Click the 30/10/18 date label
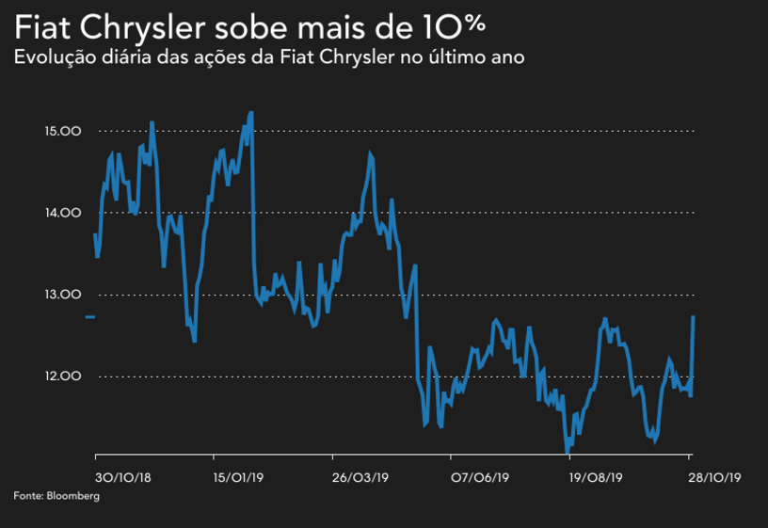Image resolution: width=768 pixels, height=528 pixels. tap(123, 478)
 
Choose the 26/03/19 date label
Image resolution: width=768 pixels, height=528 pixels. tap(360, 478)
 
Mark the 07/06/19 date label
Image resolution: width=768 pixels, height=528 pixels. tap(480, 478)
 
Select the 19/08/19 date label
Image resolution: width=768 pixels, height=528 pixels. tap(596, 478)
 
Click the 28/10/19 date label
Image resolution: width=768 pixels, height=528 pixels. tap(714, 478)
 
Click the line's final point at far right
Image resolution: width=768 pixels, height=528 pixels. tap(694, 317)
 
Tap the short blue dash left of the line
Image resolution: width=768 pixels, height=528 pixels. tap(89, 317)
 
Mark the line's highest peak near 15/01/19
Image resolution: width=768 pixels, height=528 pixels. tap(251, 113)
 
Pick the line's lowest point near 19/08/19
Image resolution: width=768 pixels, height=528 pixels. tap(567, 451)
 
